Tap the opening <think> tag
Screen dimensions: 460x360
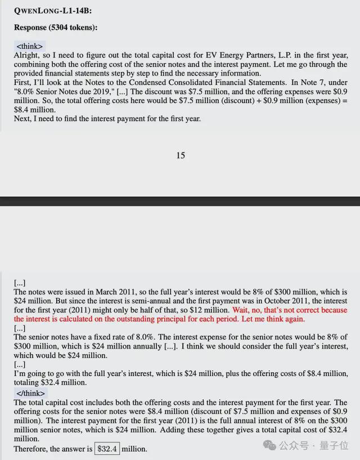tap(29, 46)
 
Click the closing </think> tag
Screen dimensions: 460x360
tap(31, 393)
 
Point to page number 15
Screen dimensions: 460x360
tap(180, 155)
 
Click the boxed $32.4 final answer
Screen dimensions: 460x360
tap(107, 449)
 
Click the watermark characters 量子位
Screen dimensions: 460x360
tap(336, 446)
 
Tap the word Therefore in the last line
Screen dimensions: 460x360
tap(31, 449)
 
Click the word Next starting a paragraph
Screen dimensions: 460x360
tap(23, 118)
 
